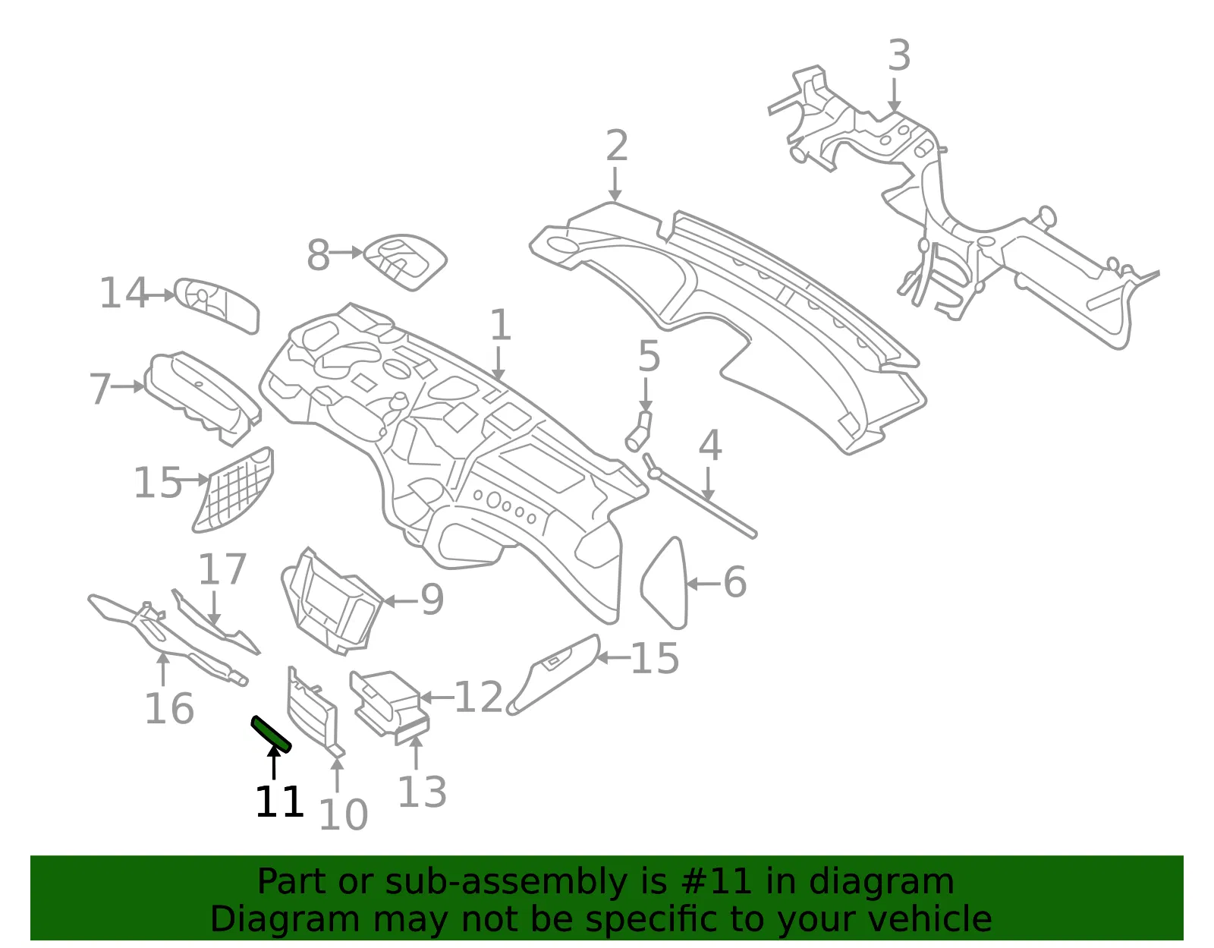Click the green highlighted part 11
271,735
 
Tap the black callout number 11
279,802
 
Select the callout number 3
899,55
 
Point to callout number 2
616,145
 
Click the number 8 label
319,255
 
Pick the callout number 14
123,293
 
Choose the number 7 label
100,389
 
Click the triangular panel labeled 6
665,583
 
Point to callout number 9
432,600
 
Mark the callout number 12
478,698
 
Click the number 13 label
422,792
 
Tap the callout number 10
343,814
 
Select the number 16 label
168,708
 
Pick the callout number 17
222,568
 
